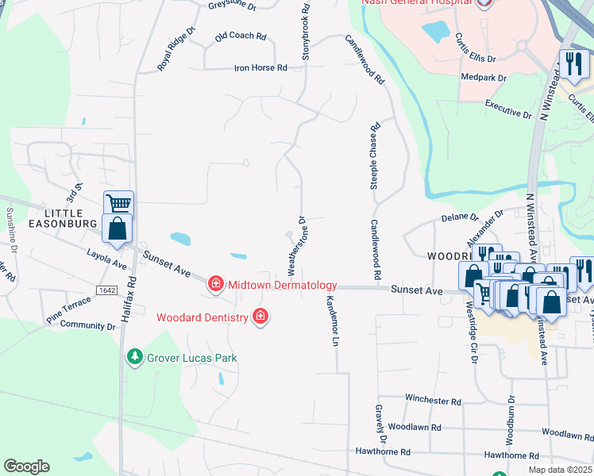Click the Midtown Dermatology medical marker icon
click(x=214, y=284)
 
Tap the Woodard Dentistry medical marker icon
click(x=260, y=317)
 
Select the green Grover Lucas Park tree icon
click(x=135, y=358)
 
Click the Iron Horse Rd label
click(x=260, y=68)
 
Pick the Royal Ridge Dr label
click(x=176, y=50)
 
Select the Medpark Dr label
click(x=484, y=78)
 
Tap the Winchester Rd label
click(x=433, y=401)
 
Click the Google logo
click(x=26, y=466)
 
